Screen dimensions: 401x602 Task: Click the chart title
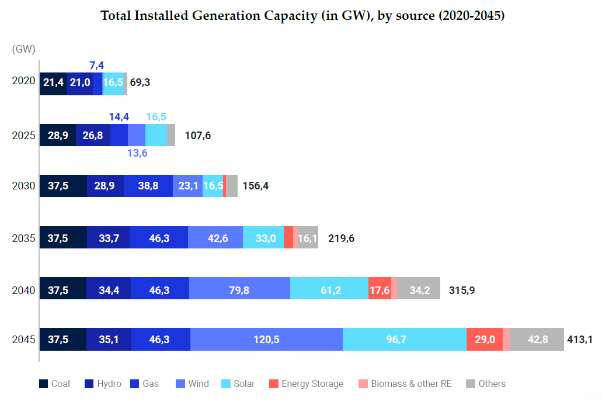pos(302,16)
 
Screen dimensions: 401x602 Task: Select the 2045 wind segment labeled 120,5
pos(266,340)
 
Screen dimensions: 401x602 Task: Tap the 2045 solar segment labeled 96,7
pos(404,340)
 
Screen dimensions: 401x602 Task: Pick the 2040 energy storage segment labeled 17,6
pos(380,290)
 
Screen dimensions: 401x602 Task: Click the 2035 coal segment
pos(63,238)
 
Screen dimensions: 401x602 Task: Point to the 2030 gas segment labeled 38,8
pos(148,186)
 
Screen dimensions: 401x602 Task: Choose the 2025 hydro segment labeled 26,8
pos(93,136)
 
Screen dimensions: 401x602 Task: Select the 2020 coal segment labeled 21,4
pos(53,83)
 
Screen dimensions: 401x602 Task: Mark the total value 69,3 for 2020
pos(140,83)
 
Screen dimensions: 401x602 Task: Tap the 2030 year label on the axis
pos(24,186)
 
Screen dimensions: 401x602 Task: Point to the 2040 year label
pos(24,290)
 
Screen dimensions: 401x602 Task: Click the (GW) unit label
pos(23,50)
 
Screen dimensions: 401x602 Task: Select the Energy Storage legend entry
pos(306,384)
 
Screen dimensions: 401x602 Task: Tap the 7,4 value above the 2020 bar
pos(96,65)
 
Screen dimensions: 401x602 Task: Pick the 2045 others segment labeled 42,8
pos(537,340)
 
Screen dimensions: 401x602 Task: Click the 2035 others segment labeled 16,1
pos(308,238)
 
